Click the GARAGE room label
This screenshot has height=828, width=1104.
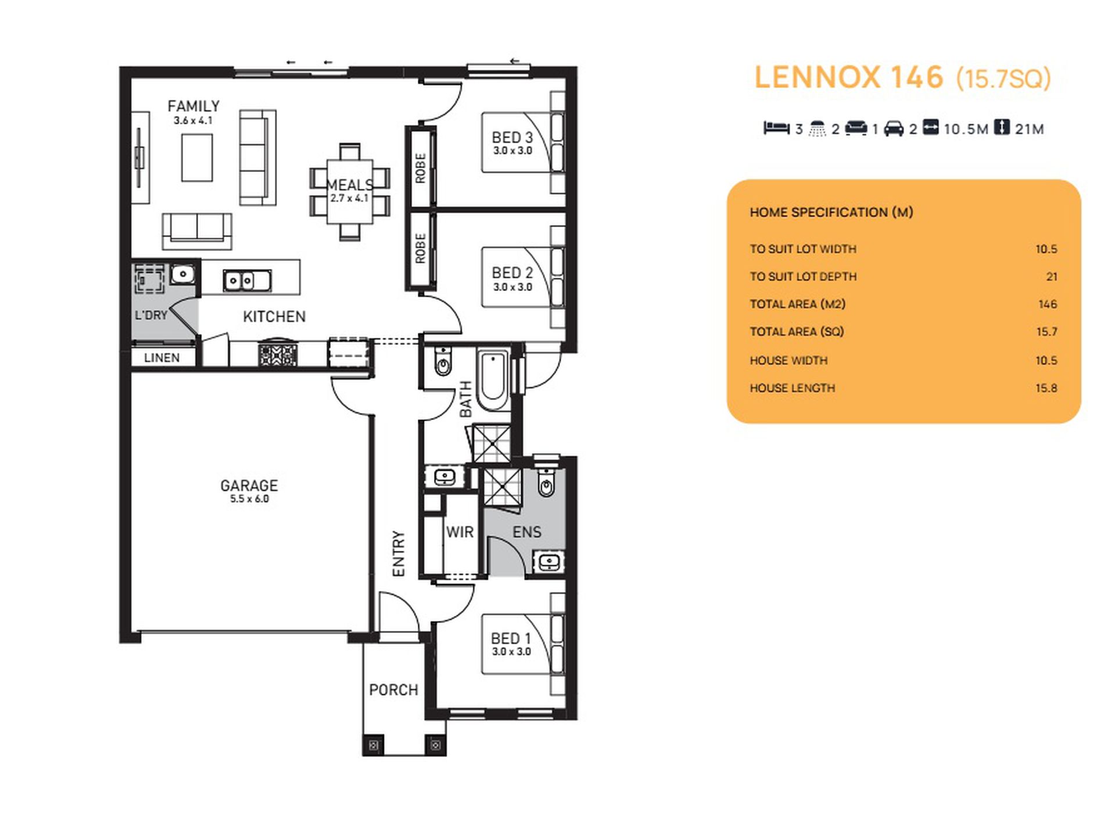point(249,485)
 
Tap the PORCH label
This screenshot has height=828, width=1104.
point(393,690)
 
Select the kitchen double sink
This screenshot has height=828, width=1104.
point(247,281)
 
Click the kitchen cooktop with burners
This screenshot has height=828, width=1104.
point(278,354)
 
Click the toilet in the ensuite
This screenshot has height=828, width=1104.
point(546,482)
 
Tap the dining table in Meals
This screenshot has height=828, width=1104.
point(349,191)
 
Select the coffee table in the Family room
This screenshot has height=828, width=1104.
point(196,157)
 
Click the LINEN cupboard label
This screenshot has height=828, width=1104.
point(162,358)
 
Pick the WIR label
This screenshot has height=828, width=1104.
point(460,532)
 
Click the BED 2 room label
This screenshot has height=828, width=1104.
point(512,273)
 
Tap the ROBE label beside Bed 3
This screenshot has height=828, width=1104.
point(421,168)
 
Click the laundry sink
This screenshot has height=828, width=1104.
point(182,273)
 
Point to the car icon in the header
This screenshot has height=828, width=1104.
point(894,128)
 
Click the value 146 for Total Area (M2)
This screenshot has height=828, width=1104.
point(1048,304)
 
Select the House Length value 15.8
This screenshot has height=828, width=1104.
point(1046,388)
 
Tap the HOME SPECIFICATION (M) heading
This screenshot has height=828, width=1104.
point(831,212)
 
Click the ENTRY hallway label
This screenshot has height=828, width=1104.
point(399,553)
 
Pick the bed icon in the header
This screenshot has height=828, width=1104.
point(776,128)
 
